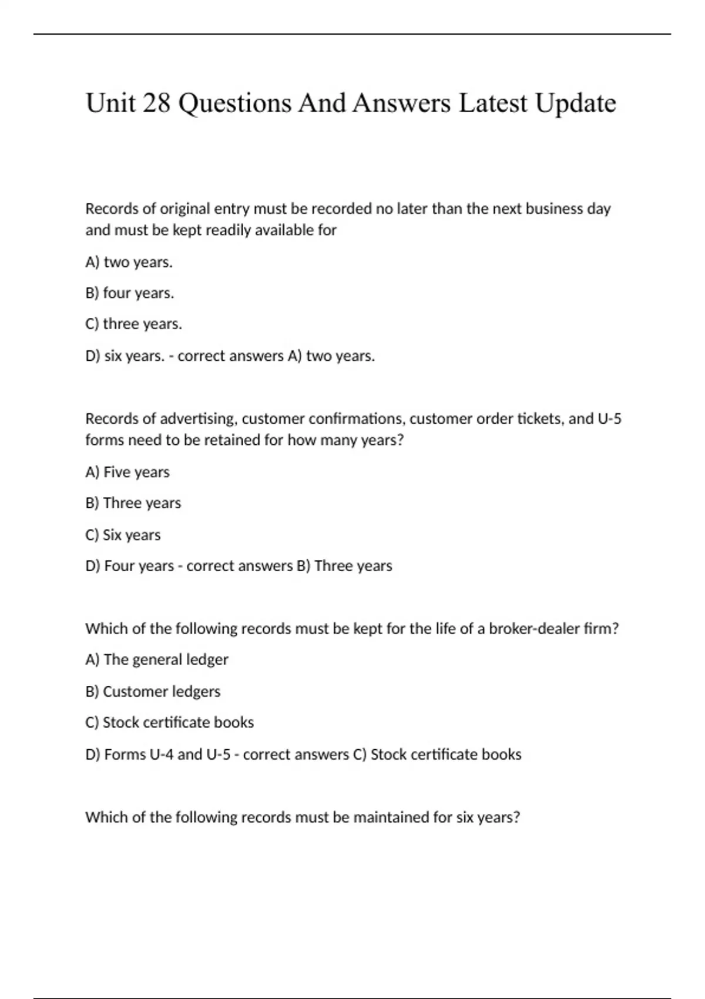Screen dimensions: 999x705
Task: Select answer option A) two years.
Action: click(x=129, y=262)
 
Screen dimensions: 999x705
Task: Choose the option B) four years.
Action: click(x=130, y=293)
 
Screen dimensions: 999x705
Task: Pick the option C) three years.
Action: click(x=134, y=324)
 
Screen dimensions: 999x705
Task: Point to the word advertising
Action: click(x=199, y=419)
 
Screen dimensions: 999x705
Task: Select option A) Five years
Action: click(x=127, y=472)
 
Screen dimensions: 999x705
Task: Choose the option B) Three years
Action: click(x=133, y=504)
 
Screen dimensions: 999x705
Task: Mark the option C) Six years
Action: click(x=123, y=535)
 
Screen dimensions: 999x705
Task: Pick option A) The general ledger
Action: click(x=157, y=660)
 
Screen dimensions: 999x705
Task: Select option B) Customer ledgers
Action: click(x=153, y=692)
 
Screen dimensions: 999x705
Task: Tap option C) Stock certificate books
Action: click(x=170, y=723)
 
